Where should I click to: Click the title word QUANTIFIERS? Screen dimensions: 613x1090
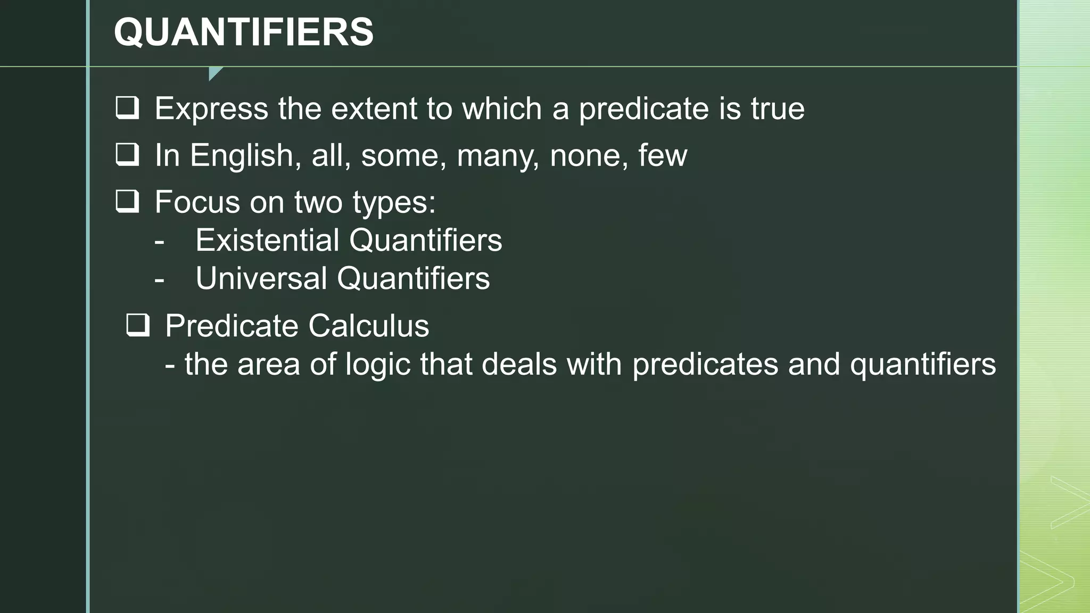tap(244, 32)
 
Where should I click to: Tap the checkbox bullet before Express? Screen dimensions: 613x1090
tap(127, 108)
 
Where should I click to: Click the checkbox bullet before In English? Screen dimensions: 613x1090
tap(127, 155)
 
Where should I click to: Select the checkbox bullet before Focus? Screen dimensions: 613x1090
tap(127, 202)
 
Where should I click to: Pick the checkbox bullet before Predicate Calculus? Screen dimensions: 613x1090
tap(138, 325)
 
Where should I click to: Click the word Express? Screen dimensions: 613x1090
tap(211, 109)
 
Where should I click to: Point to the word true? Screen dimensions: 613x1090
tap(777, 109)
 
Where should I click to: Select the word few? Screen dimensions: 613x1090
tap(663, 155)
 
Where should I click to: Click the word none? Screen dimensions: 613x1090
tap(584, 156)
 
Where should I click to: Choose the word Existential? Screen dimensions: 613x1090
tap(267, 240)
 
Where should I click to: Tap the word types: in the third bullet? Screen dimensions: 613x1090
tap(394, 203)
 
